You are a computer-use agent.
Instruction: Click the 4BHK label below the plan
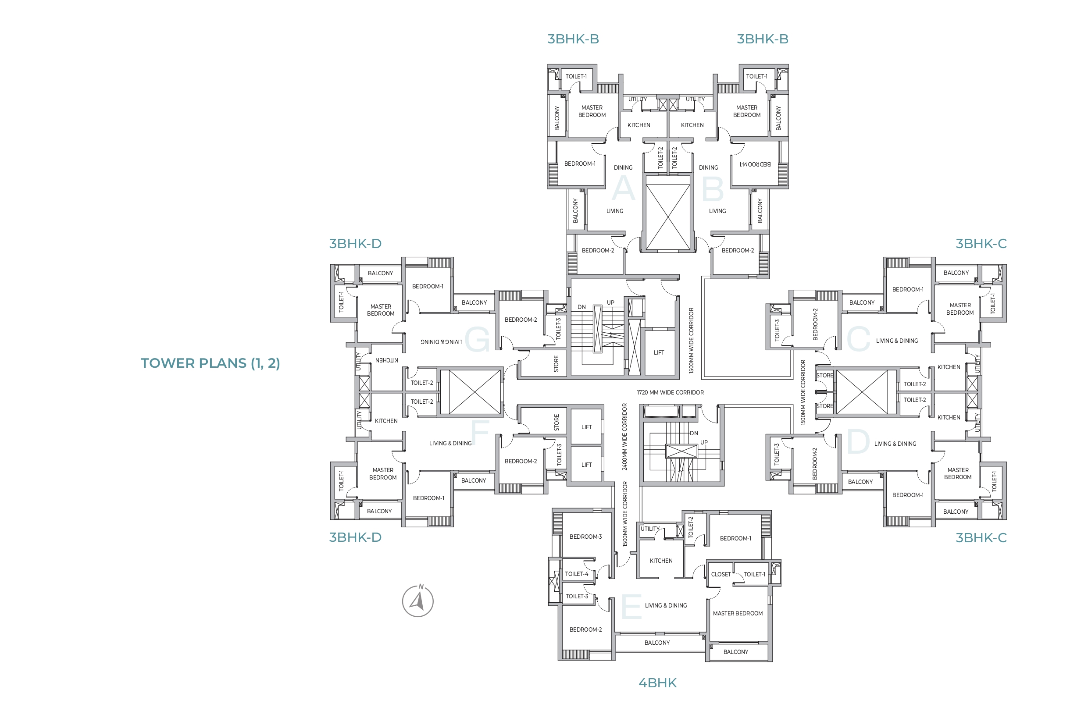(x=657, y=683)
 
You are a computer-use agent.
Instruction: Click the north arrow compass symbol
(x=418, y=601)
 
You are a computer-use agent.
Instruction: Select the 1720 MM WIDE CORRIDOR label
(x=670, y=393)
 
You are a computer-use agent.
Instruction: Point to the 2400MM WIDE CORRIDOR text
(x=624, y=437)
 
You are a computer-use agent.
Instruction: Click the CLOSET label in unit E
(x=720, y=574)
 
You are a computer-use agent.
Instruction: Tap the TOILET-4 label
(x=576, y=574)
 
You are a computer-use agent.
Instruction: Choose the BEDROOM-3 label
(x=585, y=537)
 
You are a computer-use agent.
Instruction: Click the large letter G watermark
(x=478, y=339)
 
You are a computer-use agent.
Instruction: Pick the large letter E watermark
(x=631, y=606)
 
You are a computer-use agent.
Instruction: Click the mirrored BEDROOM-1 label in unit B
(x=755, y=164)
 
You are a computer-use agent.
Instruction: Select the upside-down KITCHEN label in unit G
(x=386, y=360)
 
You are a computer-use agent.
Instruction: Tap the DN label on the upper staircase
(x=581, y=307)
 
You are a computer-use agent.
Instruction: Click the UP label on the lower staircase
(x=703, y=442)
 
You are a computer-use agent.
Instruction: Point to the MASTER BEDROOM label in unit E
(x=737, y=614)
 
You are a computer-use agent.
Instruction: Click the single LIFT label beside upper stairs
(x=659, y=353)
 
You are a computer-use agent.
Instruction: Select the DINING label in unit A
(x=623, y=168)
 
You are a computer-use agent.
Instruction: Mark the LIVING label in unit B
(x=717, y=211)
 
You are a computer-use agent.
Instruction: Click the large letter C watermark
(x=858, y=339)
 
